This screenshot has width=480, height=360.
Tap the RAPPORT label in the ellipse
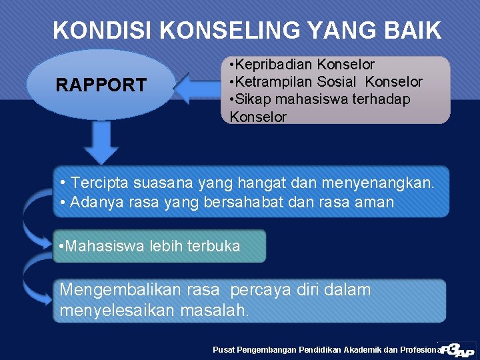pos(101,85)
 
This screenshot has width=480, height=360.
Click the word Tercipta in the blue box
pos(101,183)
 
